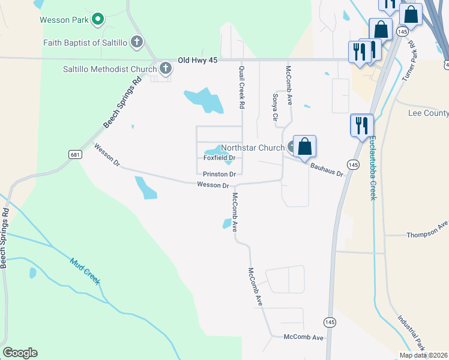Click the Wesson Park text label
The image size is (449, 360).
(x=64, y=20)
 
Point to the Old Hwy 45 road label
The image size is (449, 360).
(x=197, y=61)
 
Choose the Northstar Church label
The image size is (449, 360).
(x=253, y=148)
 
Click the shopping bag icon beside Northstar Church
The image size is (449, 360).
(x=304, y=146)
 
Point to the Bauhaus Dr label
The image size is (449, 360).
(x=327, y=169)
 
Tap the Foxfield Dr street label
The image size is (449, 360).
(x=219, y=158)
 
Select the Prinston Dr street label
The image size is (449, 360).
(x=218, y=174)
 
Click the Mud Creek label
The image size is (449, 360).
(x=85, y=271)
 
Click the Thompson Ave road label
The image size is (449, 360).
(x=427, y=230)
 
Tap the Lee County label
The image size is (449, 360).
(x=428, y=113)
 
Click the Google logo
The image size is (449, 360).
(x=20, y=353)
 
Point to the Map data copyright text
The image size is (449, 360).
(x=423, y=355)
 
